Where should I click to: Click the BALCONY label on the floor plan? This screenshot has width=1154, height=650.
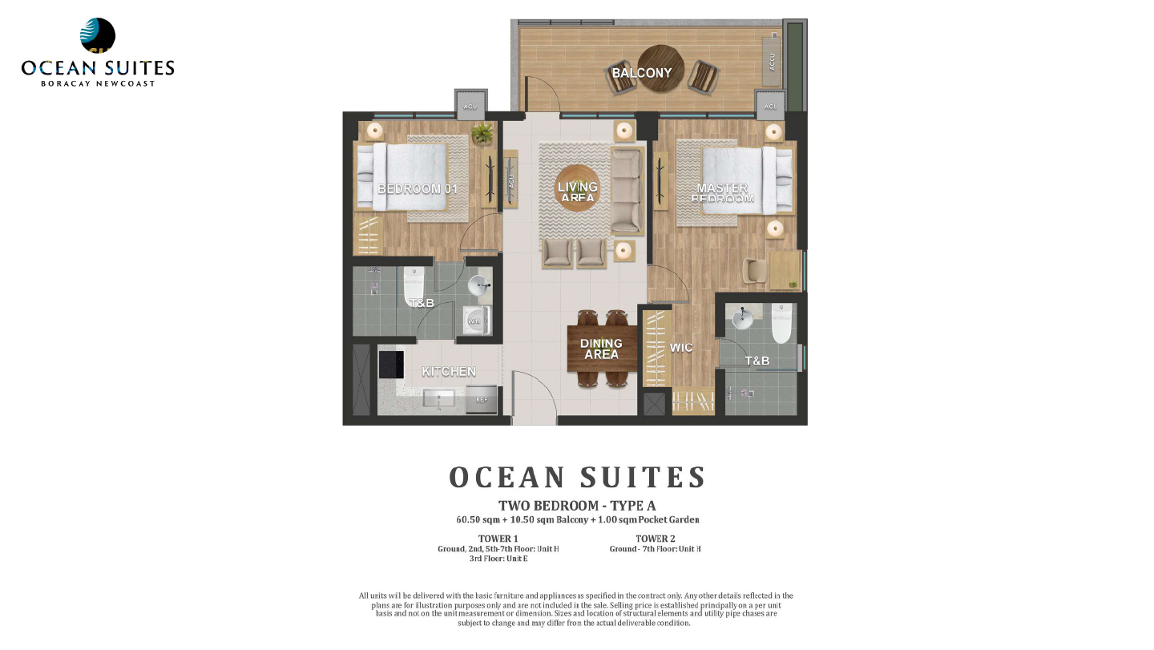click(x=641, y=73)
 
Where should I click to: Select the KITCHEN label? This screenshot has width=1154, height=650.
click(x=449, y=372)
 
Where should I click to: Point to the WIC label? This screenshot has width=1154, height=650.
click(x=680, y=348)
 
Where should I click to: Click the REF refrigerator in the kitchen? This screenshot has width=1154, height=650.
click(x=481, y=399)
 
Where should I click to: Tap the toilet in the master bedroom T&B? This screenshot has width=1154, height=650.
click(x=781, y=322)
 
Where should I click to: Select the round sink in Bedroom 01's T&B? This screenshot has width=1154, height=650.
click(x=479, y=285)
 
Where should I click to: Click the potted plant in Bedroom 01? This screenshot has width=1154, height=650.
click(x=482, y=133)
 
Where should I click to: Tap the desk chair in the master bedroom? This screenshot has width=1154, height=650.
click(x=753, y=270)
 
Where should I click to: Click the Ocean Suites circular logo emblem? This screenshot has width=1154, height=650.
click(x=98, y=36)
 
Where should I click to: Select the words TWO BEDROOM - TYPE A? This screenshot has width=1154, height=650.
click(x=577, y=506)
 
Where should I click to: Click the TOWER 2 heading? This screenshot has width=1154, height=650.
click(x=655, y=539)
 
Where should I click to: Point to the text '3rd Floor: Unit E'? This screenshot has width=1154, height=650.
click(x=498, y=559)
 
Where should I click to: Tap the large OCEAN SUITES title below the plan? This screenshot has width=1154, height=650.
click(x=577, y=477)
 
